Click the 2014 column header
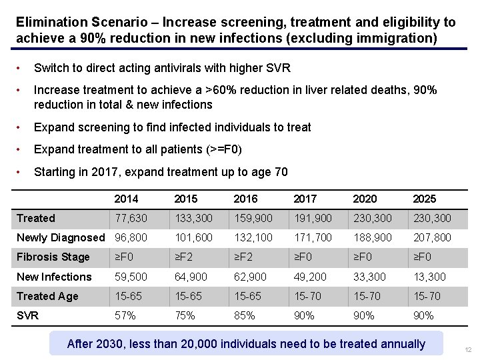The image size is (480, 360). point(126,199)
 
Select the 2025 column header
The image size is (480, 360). point(424,199)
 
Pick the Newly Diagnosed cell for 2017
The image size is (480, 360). point(313,237)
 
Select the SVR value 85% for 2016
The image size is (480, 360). point(244,315)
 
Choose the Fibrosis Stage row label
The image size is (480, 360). point(53,257)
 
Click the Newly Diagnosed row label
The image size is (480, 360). point(61,237)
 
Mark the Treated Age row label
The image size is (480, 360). point(47,296)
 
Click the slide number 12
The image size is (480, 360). point(468,350)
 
